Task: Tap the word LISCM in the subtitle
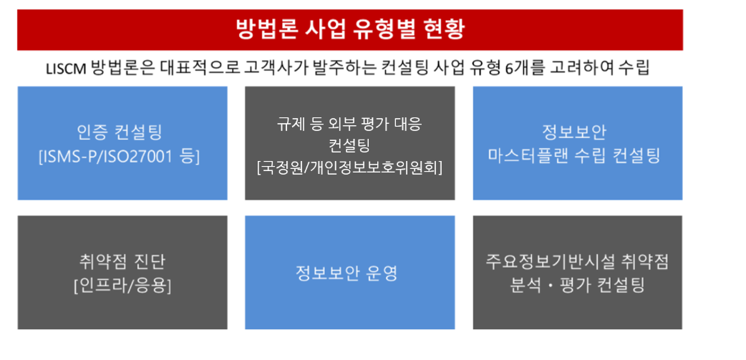pos(66,69)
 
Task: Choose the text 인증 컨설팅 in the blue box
pos(120,132)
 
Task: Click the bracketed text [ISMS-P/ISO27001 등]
pos(119,157)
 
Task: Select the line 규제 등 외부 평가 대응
pos(349,125)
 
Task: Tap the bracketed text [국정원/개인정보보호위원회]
pos(349,168)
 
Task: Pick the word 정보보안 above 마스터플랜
pos(574,132)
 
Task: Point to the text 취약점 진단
pos(122,261)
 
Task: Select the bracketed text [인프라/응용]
pos(122,286)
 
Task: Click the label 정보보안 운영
pos(347,273)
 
